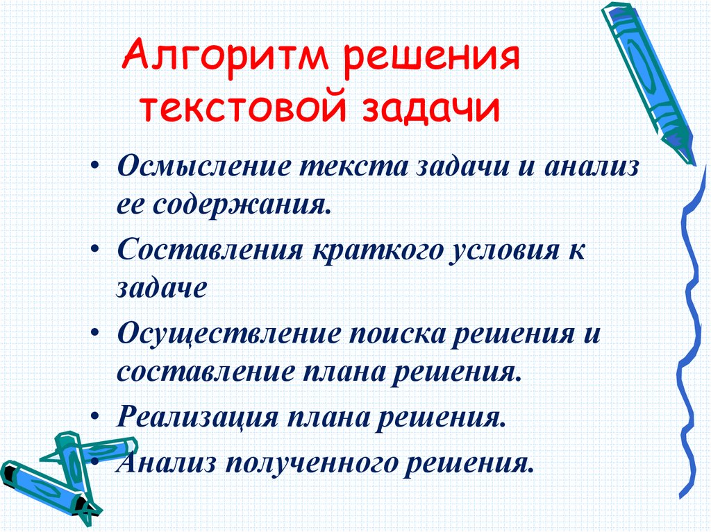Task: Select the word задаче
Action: [161, 287]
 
